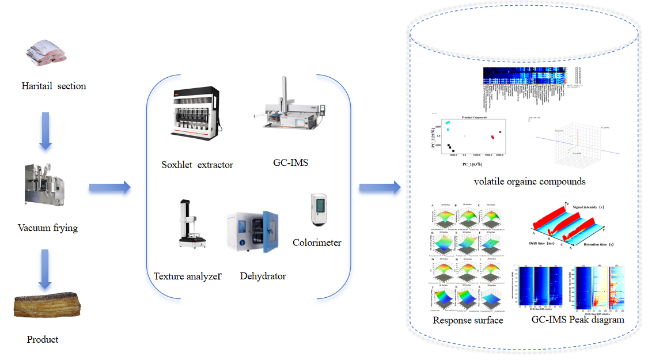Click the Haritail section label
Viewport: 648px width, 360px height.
[x=54, y=86]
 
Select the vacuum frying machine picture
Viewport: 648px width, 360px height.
[x=44, y=185]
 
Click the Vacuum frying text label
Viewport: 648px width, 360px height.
[x=48, y=228]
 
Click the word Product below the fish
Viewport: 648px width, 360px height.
[x=43, y=339]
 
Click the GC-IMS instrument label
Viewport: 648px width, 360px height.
[x=291, y=162]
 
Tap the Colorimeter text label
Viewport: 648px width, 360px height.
[x=317, y=242]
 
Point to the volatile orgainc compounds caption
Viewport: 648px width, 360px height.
[x=530, y=181]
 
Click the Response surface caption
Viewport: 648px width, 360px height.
[x=468, y=320]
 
